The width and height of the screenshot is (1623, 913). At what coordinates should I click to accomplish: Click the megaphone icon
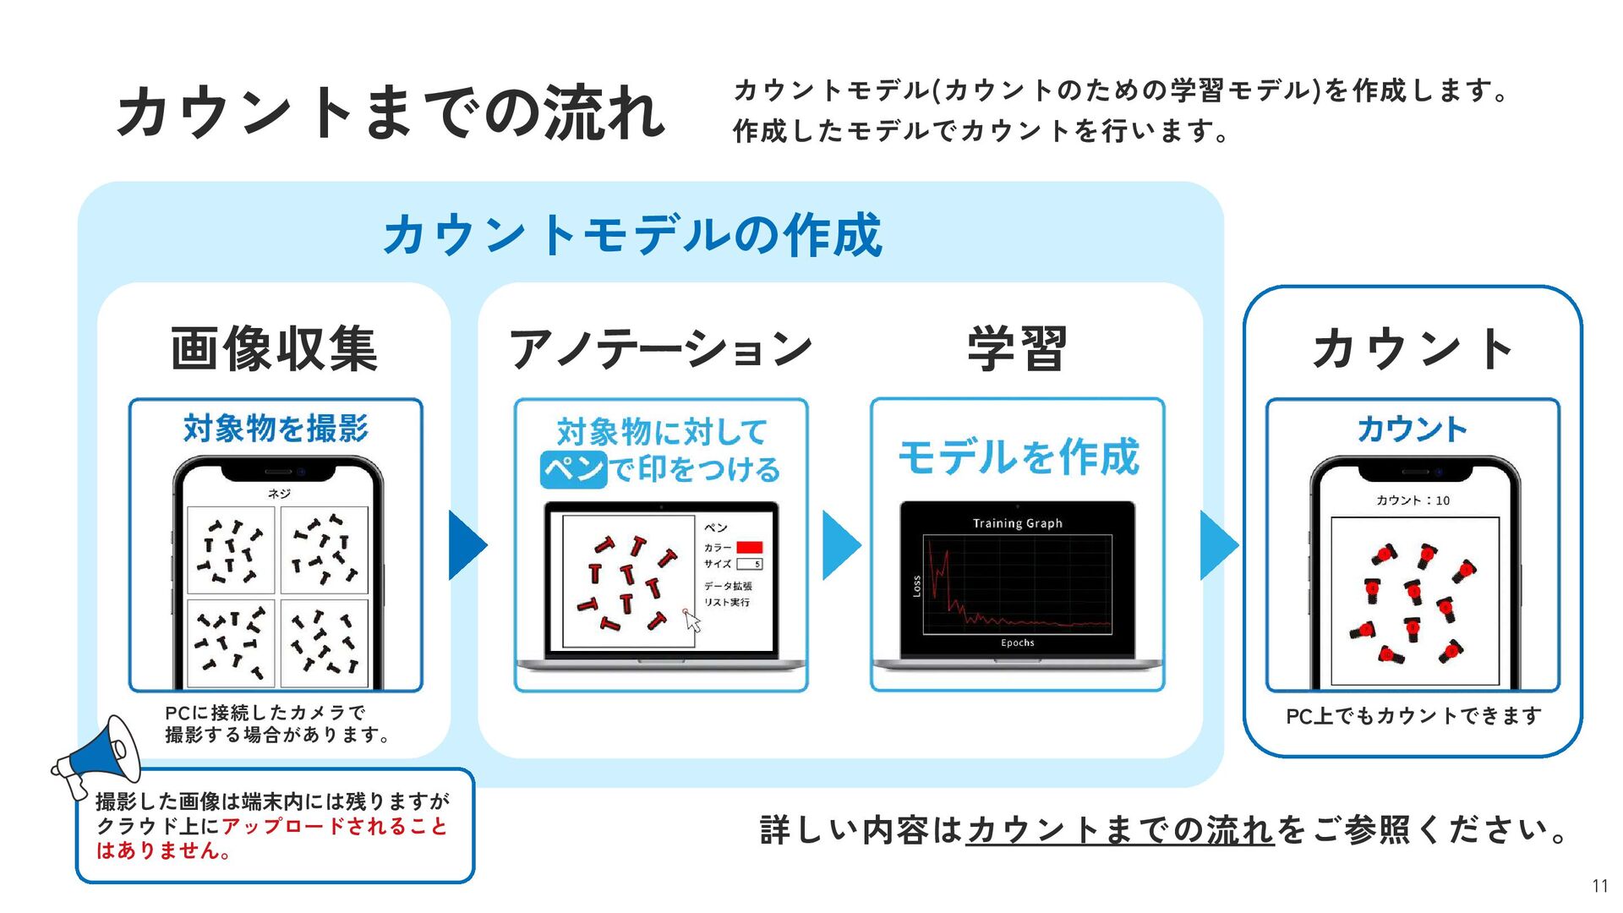(97, 755)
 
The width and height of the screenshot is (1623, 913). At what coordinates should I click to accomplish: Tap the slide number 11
(1599, 886)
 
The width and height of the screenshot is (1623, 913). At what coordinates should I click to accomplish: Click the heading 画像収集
(274, 348)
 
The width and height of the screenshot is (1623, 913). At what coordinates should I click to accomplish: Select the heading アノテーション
(660, 348)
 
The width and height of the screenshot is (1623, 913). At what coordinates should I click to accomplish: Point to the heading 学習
(1017, 348)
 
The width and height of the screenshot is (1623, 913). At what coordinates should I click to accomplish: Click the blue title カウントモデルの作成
(632, 235)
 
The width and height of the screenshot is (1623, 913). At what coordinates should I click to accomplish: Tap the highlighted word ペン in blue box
(574, 469)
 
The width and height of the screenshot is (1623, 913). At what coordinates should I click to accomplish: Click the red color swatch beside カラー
(749, 547)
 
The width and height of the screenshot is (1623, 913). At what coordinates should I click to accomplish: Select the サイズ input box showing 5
(749, 564)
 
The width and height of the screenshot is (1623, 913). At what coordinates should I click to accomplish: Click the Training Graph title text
(1017, 523)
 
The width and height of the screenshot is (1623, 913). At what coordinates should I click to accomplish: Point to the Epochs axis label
(1017, 642)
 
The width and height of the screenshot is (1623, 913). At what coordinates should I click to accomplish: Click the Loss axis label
(916, 586)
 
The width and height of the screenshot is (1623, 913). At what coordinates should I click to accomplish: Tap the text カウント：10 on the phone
(1413, 500)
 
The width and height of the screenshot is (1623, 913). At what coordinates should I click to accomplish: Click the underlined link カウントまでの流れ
(1120, 830)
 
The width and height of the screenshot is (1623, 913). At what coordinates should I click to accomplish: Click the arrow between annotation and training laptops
(840, 545)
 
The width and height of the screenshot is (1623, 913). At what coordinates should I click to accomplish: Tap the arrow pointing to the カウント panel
(1218, 545)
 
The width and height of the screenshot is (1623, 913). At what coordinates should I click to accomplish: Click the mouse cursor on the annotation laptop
(692, 621)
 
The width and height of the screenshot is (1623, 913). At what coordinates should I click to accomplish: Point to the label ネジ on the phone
(278, 494)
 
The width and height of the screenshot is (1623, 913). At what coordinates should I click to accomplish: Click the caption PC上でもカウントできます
(1413, 716)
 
